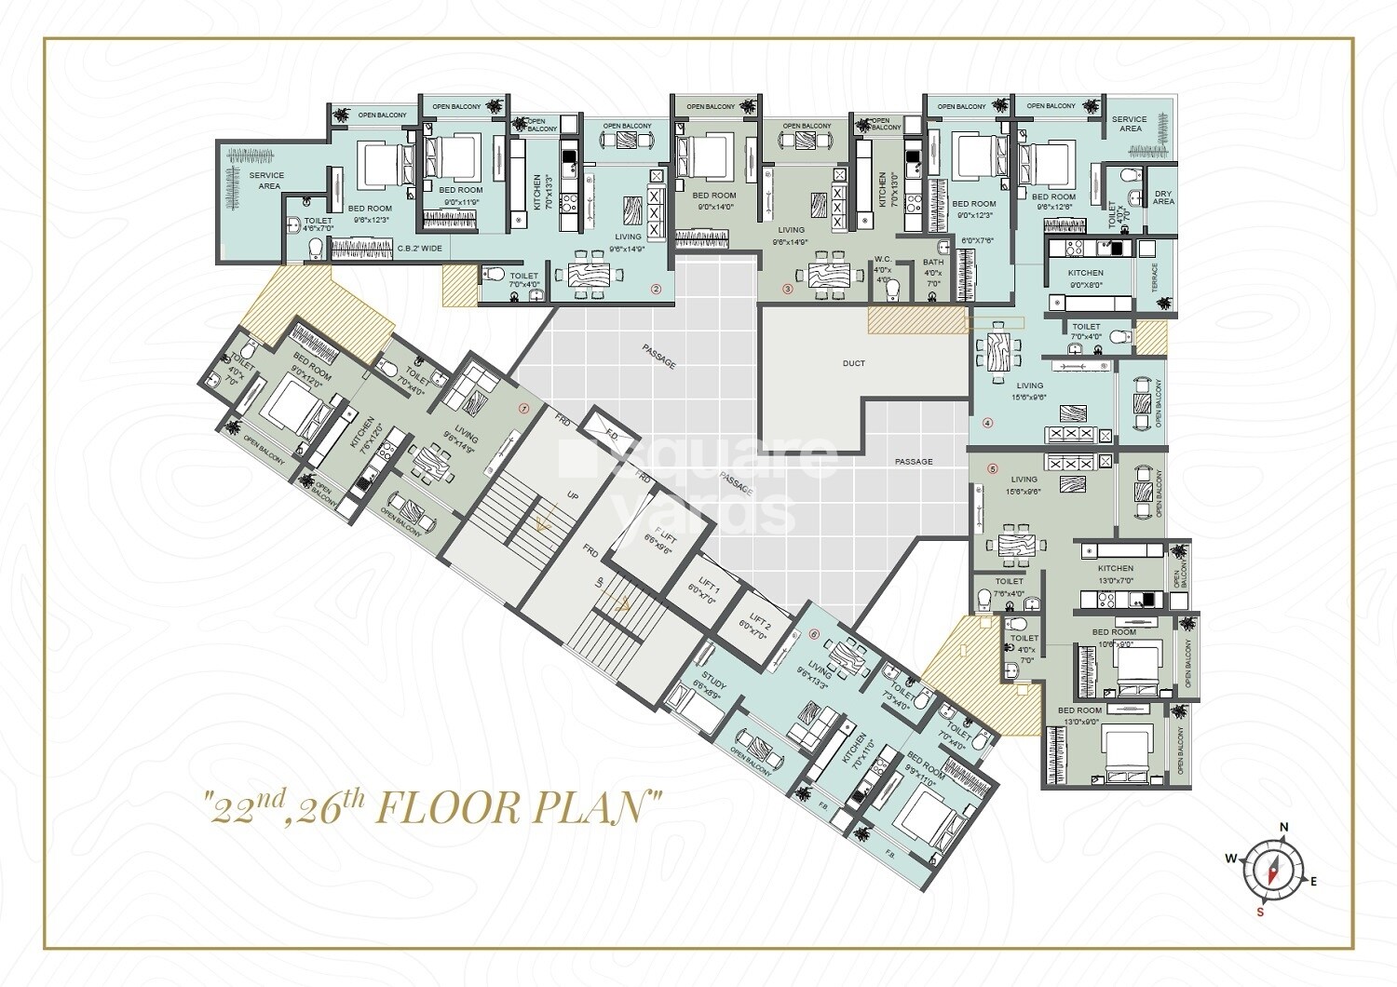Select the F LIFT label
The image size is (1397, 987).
[658, 542]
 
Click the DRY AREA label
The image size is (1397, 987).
[1163, 197]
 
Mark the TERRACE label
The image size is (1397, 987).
[1155, 277]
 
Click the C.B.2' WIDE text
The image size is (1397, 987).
[419, 249]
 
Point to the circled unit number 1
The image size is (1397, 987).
[524, 407]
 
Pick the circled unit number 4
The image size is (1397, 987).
[988, 422]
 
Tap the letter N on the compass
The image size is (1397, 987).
[1282, 827]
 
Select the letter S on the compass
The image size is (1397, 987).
[1260, 912]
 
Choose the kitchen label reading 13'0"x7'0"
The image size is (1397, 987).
[1115, 574]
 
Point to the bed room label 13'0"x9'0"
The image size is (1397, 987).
[1078, 715]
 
